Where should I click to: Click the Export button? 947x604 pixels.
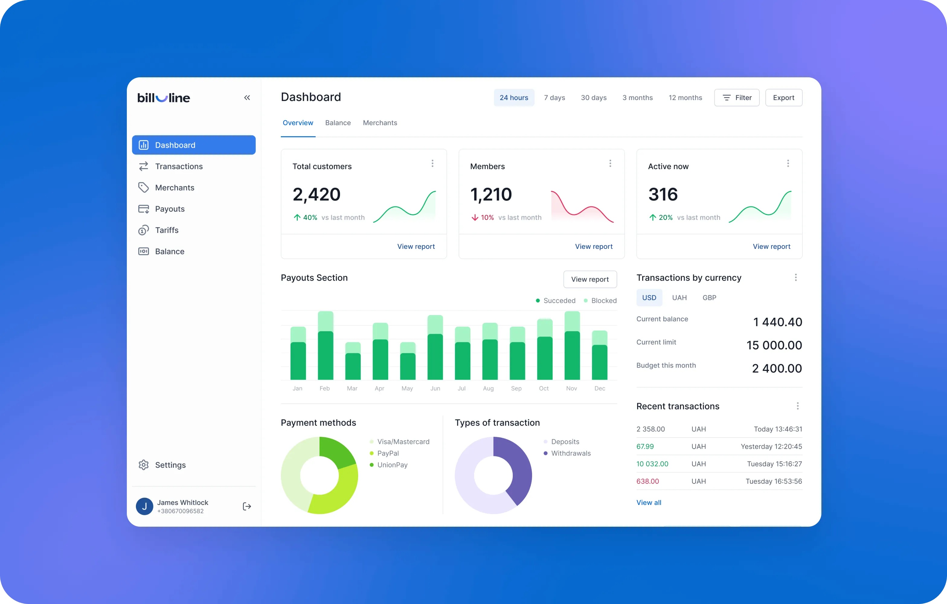[x=783, y=98]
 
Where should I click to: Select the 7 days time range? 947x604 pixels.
[x=554, y=98]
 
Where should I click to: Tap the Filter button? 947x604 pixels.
[x=737, y=98]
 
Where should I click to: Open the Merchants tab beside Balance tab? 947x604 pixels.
[x=380, y=123]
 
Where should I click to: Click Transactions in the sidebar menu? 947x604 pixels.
[x=178, y=166]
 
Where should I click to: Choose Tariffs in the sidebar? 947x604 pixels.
[x=167, y=230]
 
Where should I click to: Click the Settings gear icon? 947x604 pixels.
[x=143, y=465]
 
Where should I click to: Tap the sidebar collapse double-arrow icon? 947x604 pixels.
[x=247, y=98]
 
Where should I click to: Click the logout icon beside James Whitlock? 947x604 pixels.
[x=247, y=506]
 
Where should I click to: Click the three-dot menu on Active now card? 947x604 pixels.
[x=788, y=163]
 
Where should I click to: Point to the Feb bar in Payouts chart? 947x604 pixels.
[x=326, y=345]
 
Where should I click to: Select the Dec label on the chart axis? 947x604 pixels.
[x=600, y=388]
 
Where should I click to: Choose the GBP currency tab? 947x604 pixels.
[x=709, y=298]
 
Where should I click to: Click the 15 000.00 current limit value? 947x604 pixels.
[x=774, y=345]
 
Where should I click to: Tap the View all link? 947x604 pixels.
[x=649, y=503]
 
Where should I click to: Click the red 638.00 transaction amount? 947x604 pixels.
[x=648, y=481]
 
